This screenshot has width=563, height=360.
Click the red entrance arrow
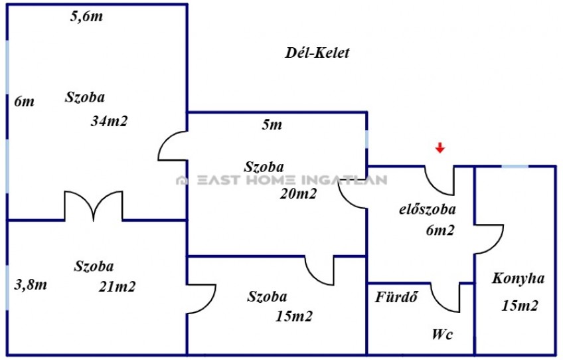[440, 147]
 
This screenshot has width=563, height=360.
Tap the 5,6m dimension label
[86, 16]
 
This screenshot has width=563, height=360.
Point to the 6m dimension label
[25, 102]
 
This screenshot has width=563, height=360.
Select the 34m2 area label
[109, 121]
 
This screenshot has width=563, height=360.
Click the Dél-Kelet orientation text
[317, 53]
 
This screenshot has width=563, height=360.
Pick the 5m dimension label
[272, 125]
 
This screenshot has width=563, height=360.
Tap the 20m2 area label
[298, 194]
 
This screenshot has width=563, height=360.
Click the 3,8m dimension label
[31, 284]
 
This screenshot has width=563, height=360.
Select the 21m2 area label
[117, 287]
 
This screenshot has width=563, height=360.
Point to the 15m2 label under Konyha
[520, 306]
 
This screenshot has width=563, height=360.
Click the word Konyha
[518, 278]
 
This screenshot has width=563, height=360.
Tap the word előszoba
[428, 209]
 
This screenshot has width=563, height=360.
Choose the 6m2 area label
[440, 230]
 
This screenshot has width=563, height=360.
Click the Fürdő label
[396, 297]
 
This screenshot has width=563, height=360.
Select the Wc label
[442, 334]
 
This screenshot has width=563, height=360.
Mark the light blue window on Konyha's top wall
[515, 166]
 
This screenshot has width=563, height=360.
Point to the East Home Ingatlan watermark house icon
[182, 179]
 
